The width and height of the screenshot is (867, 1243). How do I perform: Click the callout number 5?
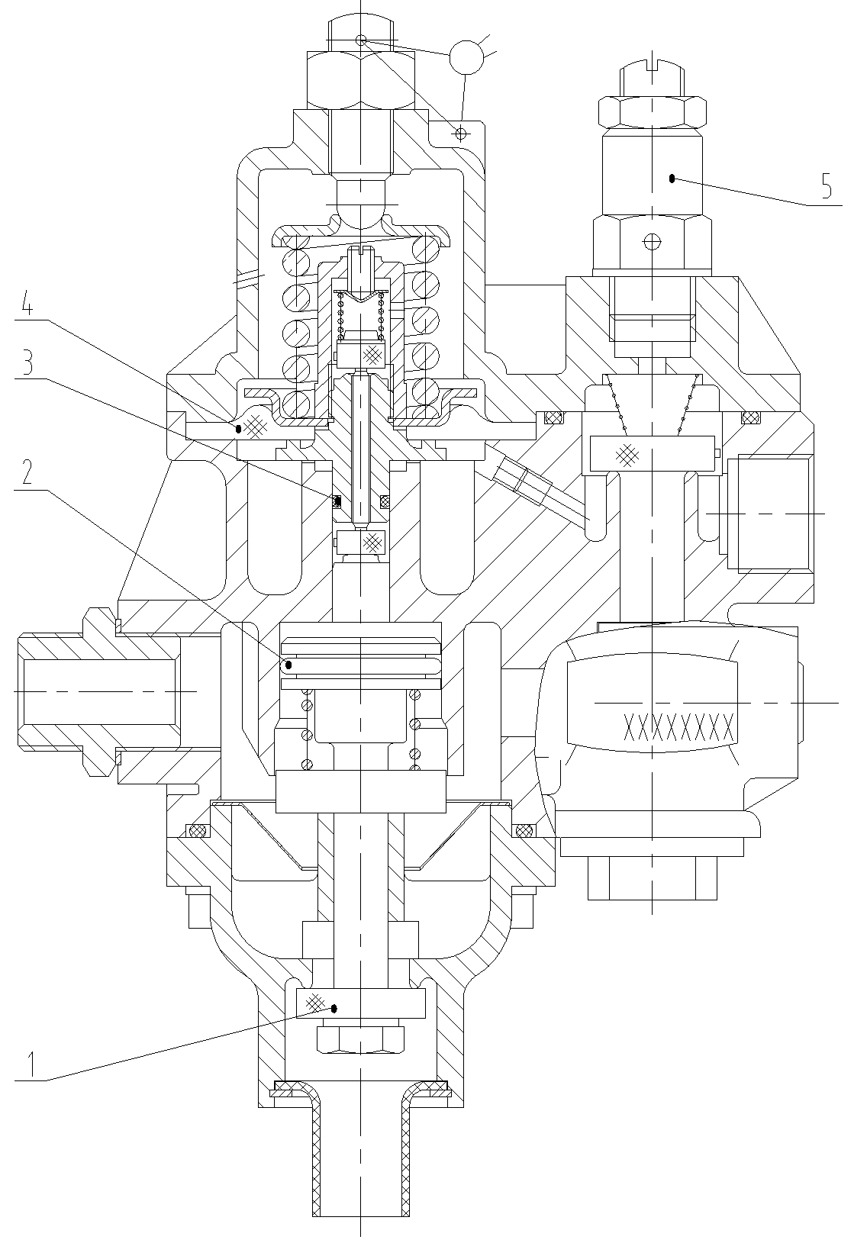[827, 186]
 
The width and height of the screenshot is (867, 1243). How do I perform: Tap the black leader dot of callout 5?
[672, 179]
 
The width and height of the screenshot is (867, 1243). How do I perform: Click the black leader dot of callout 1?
[334, 1008]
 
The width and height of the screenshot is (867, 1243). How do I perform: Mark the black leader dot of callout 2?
[288, 665]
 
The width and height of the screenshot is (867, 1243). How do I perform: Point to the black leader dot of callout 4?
[238, 429]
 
